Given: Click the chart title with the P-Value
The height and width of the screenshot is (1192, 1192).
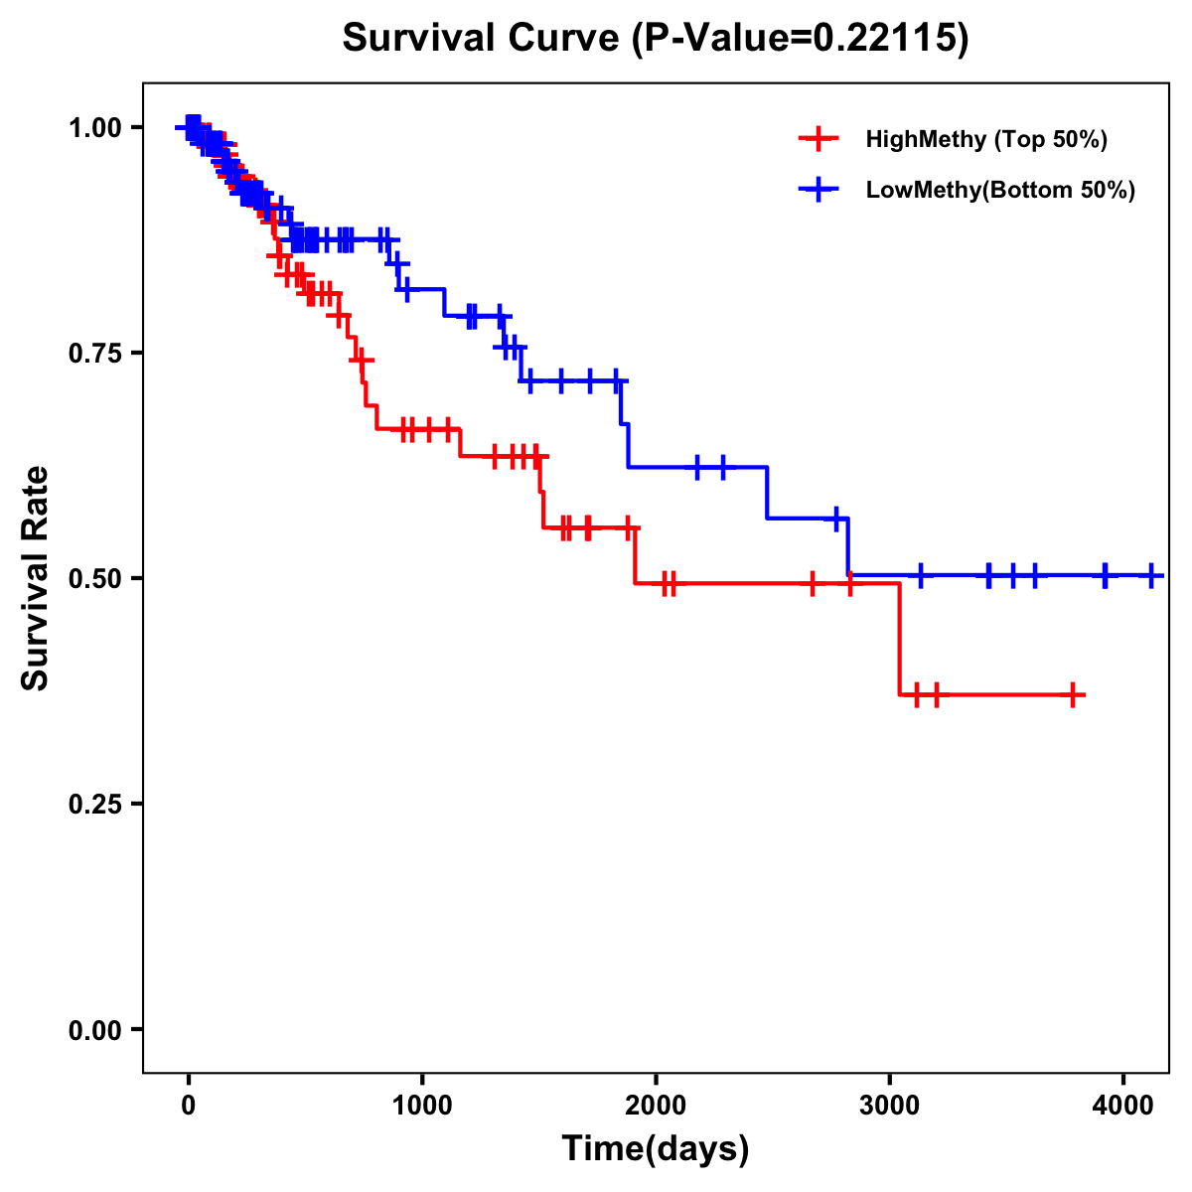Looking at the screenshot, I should tap(655, 38).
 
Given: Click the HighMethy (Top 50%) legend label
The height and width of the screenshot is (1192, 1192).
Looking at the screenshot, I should tap(985, 139).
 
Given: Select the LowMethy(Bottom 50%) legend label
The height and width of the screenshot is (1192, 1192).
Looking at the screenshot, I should tap(1000, 190).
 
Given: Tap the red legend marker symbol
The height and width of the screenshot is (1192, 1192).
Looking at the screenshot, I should tap(819, 139).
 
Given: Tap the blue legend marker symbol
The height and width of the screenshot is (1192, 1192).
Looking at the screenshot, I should tap(819, 190).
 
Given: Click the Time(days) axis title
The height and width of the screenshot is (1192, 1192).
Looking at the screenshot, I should tap(656, 1149).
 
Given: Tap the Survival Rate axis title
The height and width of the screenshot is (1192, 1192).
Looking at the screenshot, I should tap(36, 578).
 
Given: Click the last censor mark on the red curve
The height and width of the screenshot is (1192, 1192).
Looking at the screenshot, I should tap(1073, 695).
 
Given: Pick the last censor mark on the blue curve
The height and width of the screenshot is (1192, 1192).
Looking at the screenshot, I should tap(1151, 575).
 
